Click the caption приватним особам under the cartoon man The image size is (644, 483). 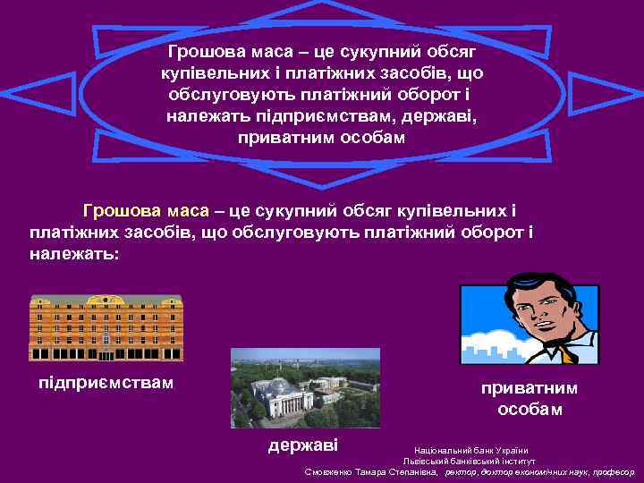pos(530,399)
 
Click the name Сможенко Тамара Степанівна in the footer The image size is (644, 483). pos(371,471)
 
